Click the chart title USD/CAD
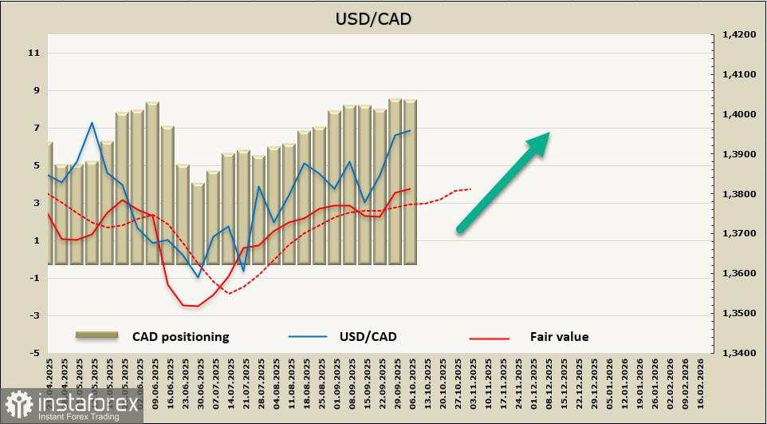coord(373,18)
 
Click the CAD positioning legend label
coord(180,336)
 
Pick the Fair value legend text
coord(559,336)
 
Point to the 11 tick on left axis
coord(34,53)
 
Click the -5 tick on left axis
coord(34,353)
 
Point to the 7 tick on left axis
coord(34,128)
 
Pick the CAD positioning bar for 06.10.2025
coord(411,182)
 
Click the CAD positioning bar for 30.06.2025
coord(198,224)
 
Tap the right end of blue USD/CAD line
coord(411,130)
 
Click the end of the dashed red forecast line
coord(471,188)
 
